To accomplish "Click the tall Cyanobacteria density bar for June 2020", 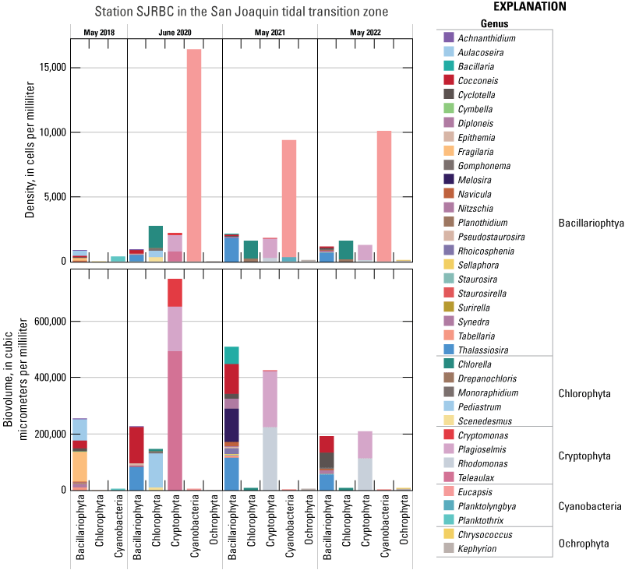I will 194,156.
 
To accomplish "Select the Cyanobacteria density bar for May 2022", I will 384,195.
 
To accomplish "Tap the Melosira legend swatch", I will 448,179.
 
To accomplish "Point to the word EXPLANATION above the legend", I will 529,7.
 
